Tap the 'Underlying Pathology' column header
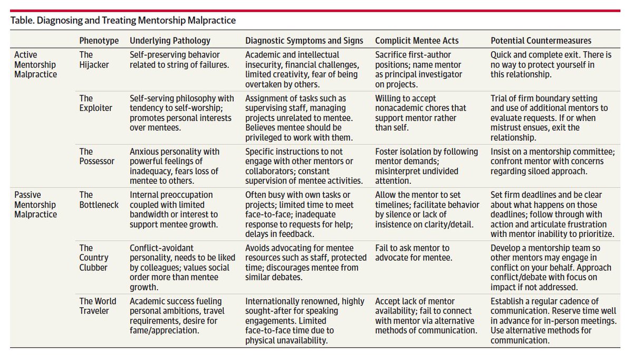point(170,41)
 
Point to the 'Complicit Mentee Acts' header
point(417,41)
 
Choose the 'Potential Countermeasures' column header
point(541,41)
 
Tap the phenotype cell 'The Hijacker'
point(93,60)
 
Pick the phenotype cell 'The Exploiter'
point(95,103)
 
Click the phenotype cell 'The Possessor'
point(97,156)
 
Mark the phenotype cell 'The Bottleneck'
point(98,200)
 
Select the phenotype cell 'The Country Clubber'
point(94,258)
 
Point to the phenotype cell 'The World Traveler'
point(95,306)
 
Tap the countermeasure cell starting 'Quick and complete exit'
point(551,64)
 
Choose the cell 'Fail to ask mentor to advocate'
point(412,252)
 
